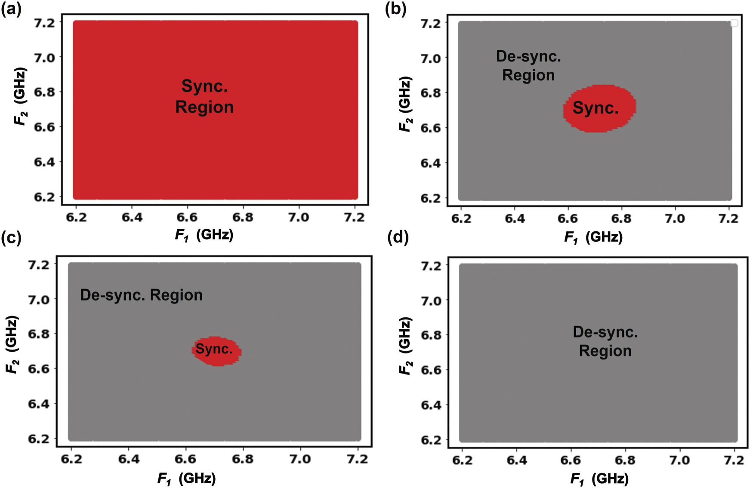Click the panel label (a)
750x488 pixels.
coord(11,9)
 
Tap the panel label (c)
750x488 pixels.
coord(11,238)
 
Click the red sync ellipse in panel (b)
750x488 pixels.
coord(599,108)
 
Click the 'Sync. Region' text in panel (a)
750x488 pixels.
coord(204,96)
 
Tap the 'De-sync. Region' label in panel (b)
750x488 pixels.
coord(528,66)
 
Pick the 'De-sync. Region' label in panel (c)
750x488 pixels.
coord(141,295)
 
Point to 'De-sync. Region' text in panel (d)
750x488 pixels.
coord(605,341)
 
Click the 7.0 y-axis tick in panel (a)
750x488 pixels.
coord(44,58)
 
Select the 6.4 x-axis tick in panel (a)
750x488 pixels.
coord(132,218)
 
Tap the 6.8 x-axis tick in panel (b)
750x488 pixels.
coord(621,219)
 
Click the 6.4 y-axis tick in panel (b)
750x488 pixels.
coord(430,163)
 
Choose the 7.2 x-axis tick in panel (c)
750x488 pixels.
coord(357,460)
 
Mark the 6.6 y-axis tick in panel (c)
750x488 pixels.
coord(38,369)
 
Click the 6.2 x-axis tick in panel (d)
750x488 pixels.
coord(463,461)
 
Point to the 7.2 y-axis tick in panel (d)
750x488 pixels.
coord(431,267)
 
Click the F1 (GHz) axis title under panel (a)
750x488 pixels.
coord(204,235)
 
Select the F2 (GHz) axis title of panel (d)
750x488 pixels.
coord(405,346)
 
